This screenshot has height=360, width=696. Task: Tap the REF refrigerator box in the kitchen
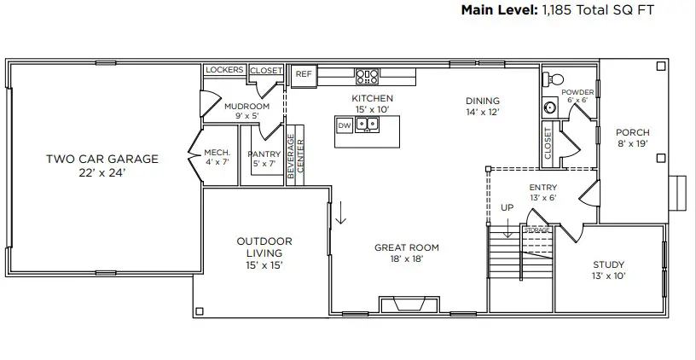[x=303, y=74]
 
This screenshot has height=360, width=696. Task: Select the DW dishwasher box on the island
[x=345, y=125]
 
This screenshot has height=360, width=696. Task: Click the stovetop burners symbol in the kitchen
[x=367, y=76]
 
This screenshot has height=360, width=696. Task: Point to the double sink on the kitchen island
[x=368, y=125]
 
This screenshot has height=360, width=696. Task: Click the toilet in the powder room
[x=553, y=78]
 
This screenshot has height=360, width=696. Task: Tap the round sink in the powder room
[x=549, y=107]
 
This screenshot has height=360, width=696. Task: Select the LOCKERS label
[x=225, y=70]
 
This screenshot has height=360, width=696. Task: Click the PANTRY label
[x=264, y=154]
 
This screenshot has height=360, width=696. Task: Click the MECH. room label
[x=217, y=154]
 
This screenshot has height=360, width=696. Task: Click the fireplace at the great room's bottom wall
[x=409, y=305]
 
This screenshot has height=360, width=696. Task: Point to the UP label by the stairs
[x=507, y=208]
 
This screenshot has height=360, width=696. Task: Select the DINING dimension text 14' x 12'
[x=482, y=112]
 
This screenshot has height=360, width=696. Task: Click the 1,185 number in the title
[x=557, y=11]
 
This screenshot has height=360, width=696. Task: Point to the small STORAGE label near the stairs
[x=536, y=230]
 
